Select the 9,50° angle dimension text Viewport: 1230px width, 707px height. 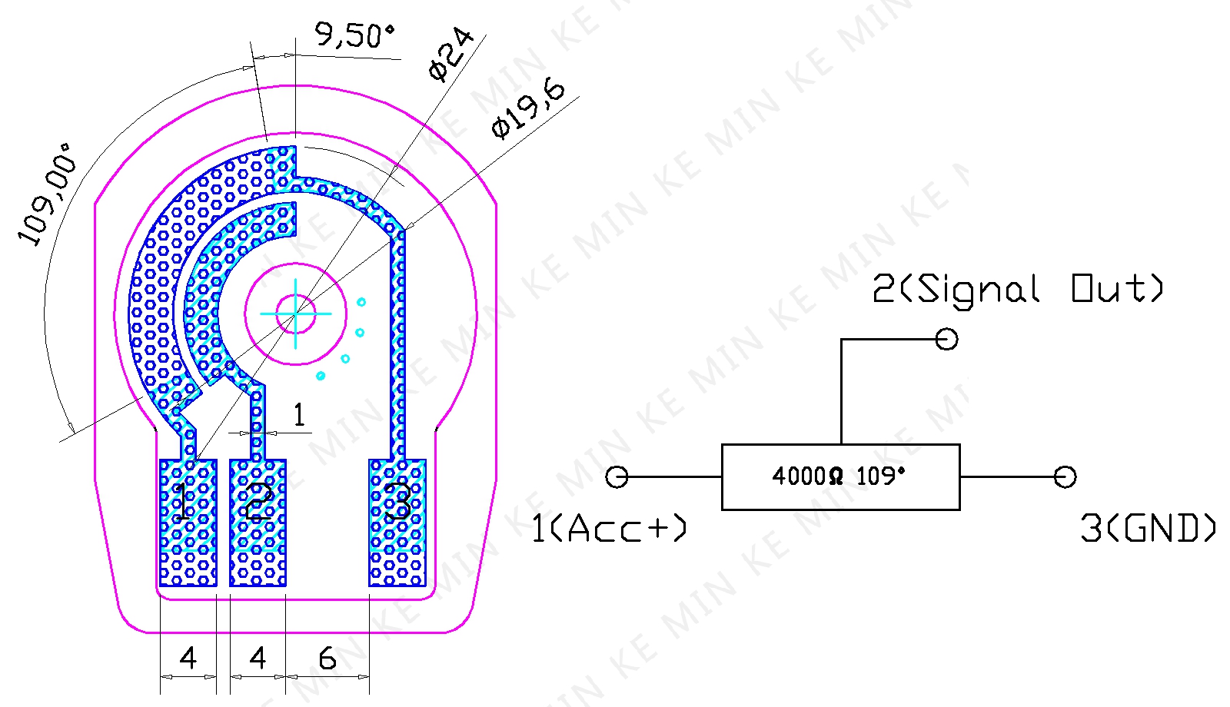point(354,35)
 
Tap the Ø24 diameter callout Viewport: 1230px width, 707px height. point(450,55)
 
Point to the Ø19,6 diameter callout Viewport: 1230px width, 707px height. point(527,109)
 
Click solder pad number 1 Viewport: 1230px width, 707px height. point(188,523)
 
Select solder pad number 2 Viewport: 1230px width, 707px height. point(258,523)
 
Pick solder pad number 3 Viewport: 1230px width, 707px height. point(397,523)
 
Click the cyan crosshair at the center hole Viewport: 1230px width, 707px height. point(295,314)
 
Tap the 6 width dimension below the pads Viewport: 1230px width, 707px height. point(327,658)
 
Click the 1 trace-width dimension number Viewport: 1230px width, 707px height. point(299,414)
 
